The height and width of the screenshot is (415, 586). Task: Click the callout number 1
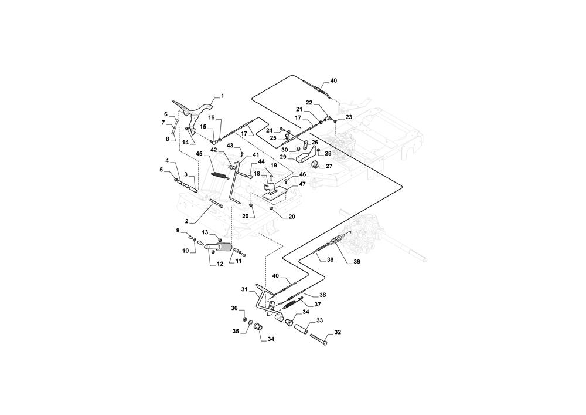coord(222,96)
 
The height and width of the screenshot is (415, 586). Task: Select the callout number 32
coord(338,332)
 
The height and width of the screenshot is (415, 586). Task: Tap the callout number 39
coord(357,262)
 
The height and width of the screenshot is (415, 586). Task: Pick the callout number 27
coord(329,166)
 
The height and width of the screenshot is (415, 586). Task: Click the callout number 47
coord(302,184)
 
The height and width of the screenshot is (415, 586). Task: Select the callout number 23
coord(349,117)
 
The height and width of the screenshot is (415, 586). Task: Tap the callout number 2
coord(187,221)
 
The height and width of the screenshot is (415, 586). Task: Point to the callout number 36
coord(233,308)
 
